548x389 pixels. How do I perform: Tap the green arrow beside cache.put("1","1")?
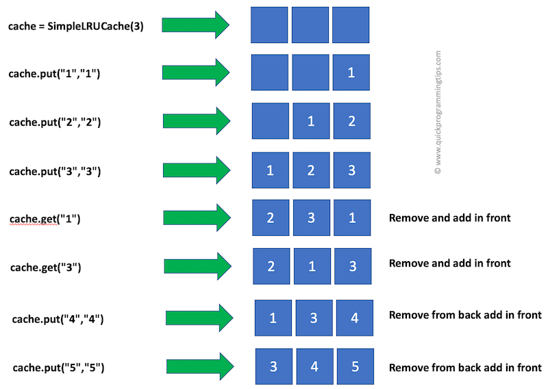coord(195,72)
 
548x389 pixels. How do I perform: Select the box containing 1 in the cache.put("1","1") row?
coord(351,72)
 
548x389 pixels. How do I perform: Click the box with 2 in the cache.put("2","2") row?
coord(351,121)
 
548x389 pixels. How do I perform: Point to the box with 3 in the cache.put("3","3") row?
coord(351,170)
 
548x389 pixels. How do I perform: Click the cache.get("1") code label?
coord(45,219)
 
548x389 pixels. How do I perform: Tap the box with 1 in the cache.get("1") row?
coord(351,218)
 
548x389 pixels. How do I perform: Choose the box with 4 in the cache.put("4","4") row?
coord(354,318)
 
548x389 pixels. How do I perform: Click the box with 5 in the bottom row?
coord(355,366)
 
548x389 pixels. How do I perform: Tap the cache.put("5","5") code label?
coord(58,368)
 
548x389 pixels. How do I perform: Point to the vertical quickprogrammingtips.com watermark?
coord(438,113)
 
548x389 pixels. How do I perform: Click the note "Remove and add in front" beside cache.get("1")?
coord(449,219)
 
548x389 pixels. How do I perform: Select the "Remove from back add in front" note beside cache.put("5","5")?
coord(465,368)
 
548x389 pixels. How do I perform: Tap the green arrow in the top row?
coord(195,25)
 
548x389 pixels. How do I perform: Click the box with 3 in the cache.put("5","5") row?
coord(273,366)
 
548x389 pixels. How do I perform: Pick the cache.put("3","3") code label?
coord(55,171)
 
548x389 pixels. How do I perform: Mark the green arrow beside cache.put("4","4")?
coord(199,318)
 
